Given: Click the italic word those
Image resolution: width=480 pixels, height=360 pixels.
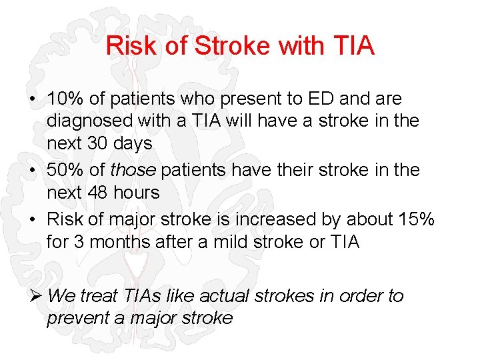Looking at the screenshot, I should (x=132, y=170).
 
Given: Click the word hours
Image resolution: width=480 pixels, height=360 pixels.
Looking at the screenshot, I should (x=136, y=193).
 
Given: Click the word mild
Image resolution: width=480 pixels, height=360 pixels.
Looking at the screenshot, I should (x=231, y=241).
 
